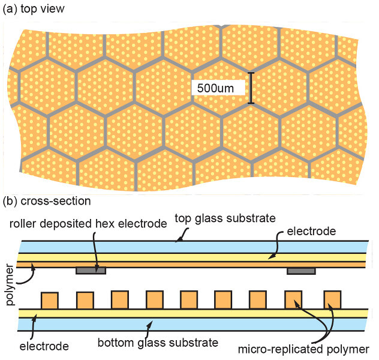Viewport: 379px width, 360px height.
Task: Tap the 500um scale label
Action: (215, 88)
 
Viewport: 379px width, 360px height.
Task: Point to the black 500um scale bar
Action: (251, 88)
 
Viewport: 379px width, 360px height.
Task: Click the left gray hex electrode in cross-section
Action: (91, 271)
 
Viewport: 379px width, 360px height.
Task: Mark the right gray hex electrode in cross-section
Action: (301, 271)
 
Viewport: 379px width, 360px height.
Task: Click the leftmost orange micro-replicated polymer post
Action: (49, 299)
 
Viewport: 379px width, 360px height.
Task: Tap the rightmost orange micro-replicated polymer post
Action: (332, 299)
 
